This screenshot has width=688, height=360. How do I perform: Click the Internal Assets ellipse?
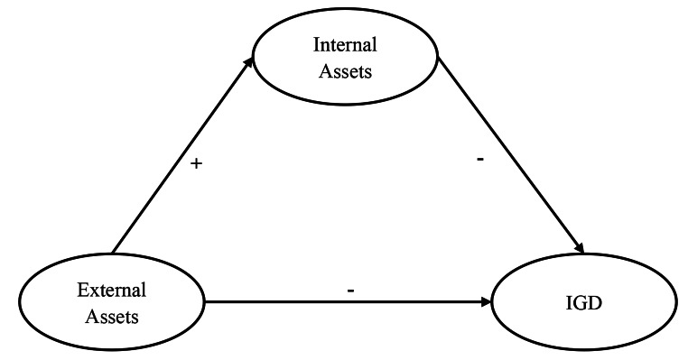(x=345, y=56)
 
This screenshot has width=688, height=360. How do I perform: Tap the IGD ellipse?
(x=585, y=302)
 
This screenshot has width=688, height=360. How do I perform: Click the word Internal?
(x=344, y=43)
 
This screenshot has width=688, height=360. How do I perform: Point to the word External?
(x=112, y=291)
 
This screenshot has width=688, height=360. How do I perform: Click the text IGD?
(x=585, y=303)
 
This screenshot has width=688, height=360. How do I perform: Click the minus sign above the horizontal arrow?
(x=349, y=290)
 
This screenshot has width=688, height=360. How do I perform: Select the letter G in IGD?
(x=584, y=303)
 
